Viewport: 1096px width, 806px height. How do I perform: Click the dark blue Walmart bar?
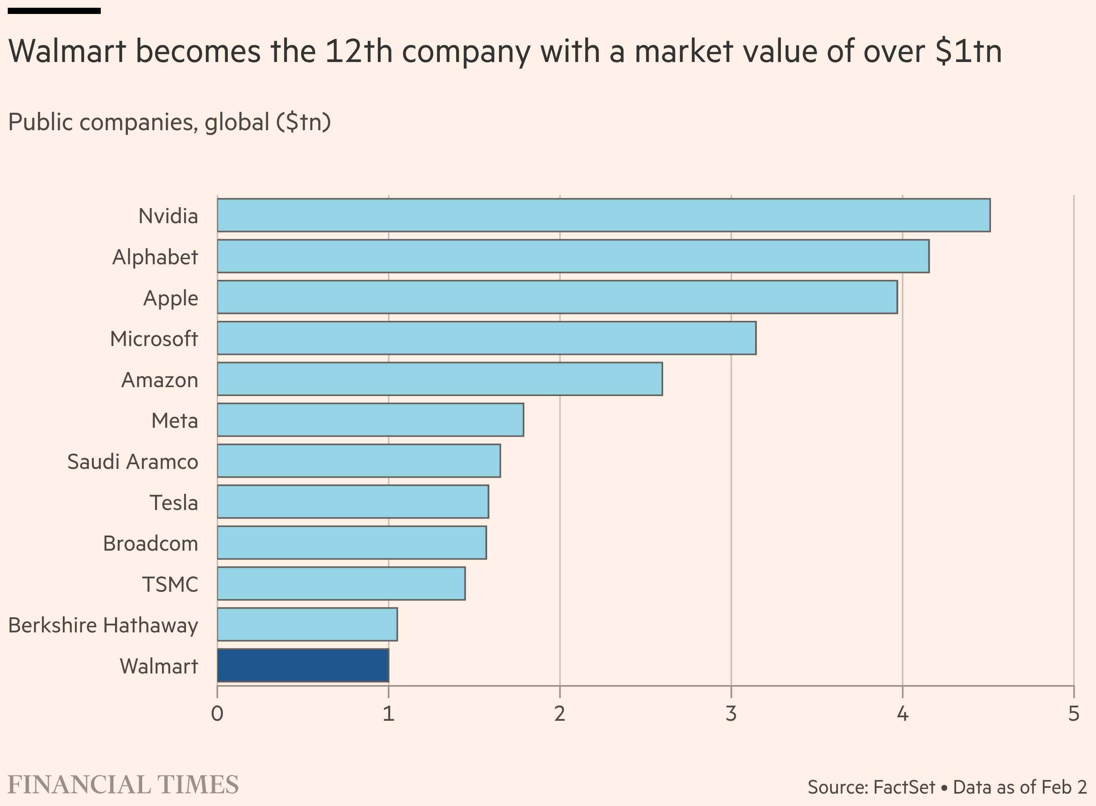click(x=303, y=665)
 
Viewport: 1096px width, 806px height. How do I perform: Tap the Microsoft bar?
click(x=486, y=338)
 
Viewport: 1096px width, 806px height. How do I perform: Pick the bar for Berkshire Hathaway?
click(x=307, y=624)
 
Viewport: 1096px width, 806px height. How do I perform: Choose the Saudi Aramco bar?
click(x=358, y=461)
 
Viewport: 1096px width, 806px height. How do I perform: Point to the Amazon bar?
click(x=439, y=379)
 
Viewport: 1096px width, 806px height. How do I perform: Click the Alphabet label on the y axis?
click(x=155, y=257)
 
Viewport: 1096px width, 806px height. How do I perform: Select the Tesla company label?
click(x=174, y=503)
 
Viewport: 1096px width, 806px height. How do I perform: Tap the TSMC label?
click(x=170, y=584)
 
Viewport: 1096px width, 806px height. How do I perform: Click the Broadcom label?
click(x=151, y=544)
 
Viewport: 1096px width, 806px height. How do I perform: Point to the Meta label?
click(x=175, y=420)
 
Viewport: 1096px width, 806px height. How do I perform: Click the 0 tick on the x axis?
click(x=217, y=714)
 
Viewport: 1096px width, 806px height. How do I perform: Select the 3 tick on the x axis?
click(x=731, y=714)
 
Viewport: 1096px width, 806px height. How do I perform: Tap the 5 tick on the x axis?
click(x=1073, y=714)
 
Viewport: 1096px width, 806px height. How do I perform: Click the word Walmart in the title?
click(x=67, y=51)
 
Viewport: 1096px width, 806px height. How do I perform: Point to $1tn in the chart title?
click(x=968, y=51)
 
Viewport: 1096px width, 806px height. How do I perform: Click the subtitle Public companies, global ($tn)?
click(x=169, y=122)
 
